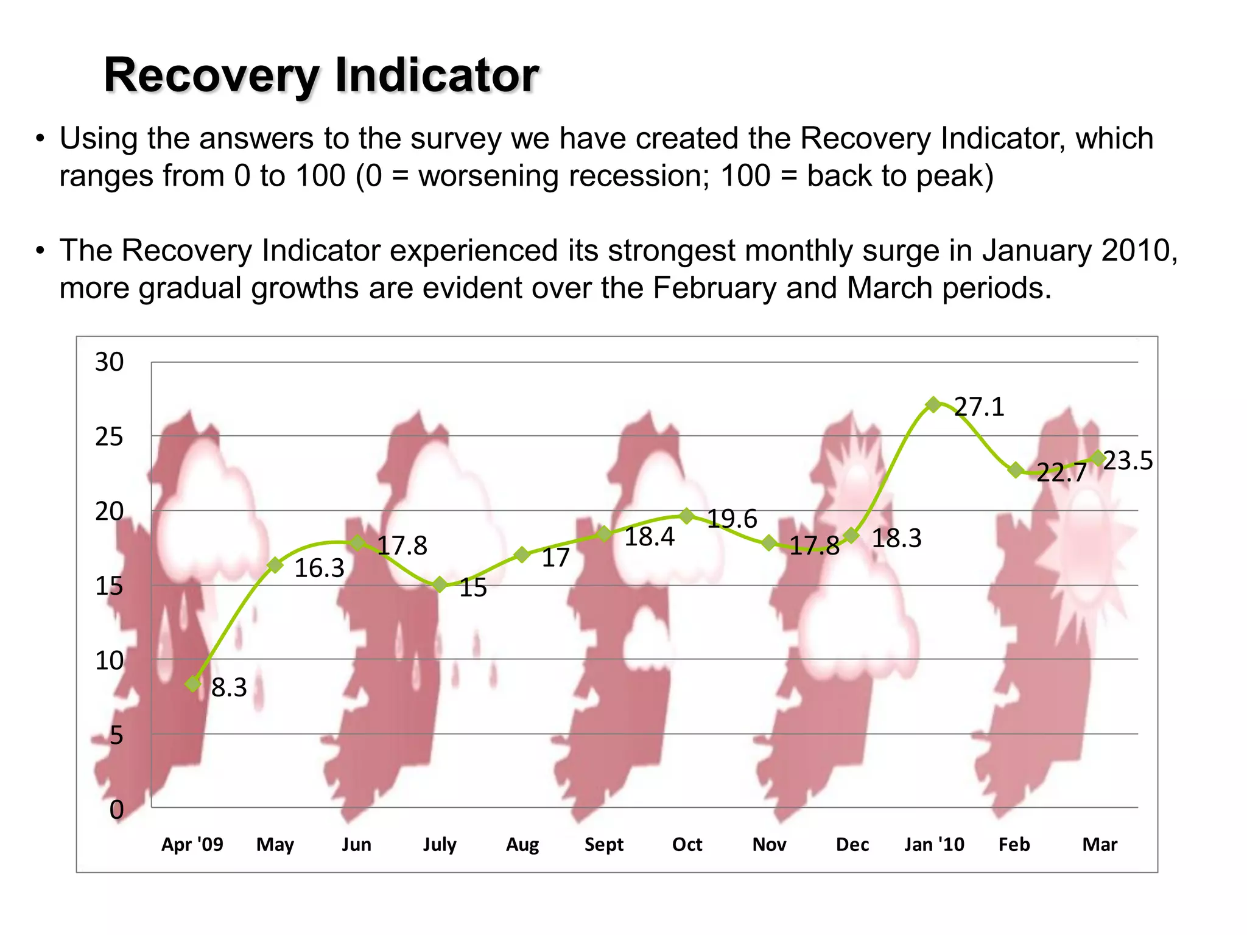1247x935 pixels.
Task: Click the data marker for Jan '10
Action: coord(933,404)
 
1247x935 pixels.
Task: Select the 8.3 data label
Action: coord(229,688)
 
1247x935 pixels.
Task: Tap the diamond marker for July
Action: coord(440,585)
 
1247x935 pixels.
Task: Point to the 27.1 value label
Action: coord(979,407)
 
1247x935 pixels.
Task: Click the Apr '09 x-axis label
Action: coord(192,844)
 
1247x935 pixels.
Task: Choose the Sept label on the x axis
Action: coord(604,844)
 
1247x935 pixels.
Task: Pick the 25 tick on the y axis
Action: coord(109,437)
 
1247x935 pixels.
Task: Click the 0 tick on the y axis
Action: coord(116,810)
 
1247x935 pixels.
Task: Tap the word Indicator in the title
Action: coord(437,75)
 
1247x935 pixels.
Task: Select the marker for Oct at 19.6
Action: coord(687,516)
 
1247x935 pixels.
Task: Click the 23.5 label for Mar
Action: coord(1128,461)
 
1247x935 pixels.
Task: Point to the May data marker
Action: coord(275,565)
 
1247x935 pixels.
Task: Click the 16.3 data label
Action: coord(319,569)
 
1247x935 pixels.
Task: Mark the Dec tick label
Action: coord(852,844)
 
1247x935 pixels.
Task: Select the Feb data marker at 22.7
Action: coord(1016,470)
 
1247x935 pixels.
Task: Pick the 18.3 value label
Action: coord(896,539)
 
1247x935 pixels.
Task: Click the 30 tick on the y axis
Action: coord(109,362)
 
